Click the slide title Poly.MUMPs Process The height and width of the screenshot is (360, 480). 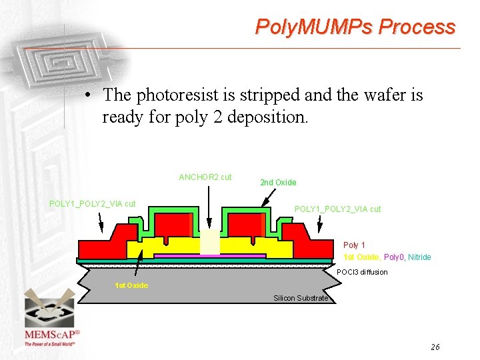click(355, 27)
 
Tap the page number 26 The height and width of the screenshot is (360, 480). click(435, 347)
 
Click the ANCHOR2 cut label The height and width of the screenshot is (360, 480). click(205, 177)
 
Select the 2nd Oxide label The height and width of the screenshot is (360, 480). click(278, 183)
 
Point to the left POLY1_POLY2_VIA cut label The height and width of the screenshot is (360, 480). click(93, 203)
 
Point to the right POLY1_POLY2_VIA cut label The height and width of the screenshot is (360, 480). click(337, 209)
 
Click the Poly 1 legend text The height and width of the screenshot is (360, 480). click(354, 245)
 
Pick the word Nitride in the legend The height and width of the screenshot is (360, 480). click(419, 257)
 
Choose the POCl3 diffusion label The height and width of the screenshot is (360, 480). click(362, 272)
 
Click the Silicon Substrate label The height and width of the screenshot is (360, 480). click(301, 298)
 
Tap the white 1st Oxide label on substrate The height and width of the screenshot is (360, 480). click(131, 285)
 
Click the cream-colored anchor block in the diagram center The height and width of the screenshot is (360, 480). click(209, 243)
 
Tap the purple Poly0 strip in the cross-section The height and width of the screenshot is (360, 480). click(209, 255)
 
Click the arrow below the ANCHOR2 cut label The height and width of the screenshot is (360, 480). click(209, 207)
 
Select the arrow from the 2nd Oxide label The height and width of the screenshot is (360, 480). click(268, 197)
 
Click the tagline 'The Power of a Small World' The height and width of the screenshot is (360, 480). click(50, 344)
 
